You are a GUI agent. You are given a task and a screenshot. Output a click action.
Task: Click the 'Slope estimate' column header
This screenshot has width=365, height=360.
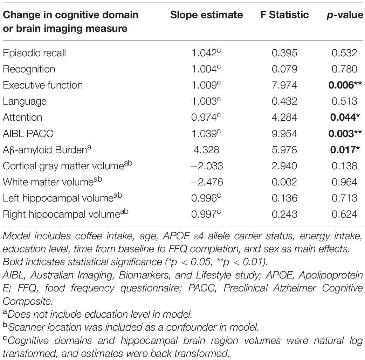[x=206, y=15]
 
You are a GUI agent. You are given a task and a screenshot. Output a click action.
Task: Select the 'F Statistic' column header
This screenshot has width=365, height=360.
[x=284, y=15]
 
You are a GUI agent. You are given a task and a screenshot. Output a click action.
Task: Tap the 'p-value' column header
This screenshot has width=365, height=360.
[x=345, y=15]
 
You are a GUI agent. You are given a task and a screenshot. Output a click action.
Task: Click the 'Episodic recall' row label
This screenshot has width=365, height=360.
[x=34, y=53]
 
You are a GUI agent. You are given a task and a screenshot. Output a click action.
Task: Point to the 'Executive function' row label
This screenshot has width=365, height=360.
[x=43, y=85]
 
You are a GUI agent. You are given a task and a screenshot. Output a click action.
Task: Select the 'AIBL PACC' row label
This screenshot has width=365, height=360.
[x=28, y=134]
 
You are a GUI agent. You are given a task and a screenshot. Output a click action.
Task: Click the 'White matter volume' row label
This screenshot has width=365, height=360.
[x=53, y=181]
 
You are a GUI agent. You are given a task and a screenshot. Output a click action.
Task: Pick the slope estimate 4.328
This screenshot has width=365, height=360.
[x=206, y=150]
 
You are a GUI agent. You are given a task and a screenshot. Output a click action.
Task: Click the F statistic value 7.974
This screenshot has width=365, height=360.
[x=284, y=85]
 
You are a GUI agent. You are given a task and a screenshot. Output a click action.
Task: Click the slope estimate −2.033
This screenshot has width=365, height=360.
[x=207, y=166]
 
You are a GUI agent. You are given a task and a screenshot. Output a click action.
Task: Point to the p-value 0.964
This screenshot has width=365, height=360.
[x=344, y=182]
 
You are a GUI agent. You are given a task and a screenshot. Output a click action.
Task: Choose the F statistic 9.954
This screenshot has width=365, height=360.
[x=284, y=134]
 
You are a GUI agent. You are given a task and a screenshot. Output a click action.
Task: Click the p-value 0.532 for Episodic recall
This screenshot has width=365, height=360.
[x=344, y=53]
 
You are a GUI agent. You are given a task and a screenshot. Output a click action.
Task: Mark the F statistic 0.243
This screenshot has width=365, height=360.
[x=284, y=214]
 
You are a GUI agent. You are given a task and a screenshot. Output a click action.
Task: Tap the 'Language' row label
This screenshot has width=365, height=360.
[x=25, y=101]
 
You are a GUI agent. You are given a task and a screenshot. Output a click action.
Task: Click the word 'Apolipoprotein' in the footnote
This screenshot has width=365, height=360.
[x=331, y=275]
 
